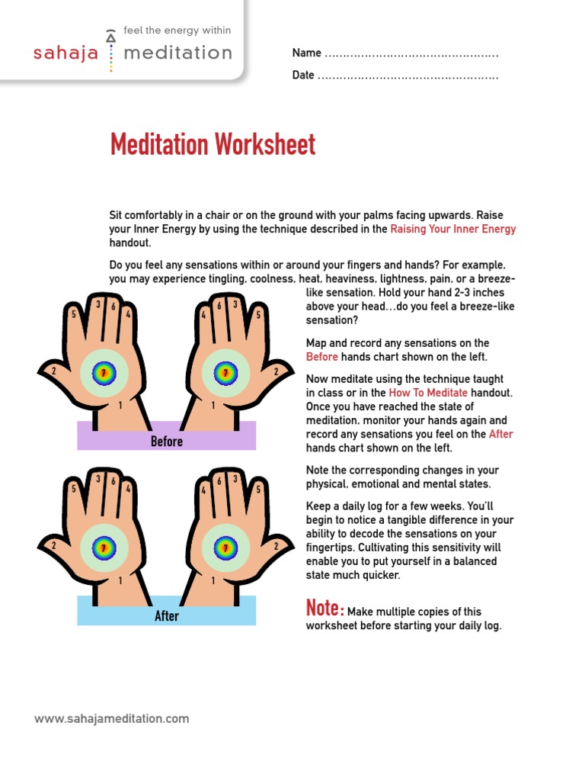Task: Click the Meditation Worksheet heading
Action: point(213,144)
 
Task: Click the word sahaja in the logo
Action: point(66,53)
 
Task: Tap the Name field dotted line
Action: point(411,54)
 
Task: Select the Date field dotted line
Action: point(408,76)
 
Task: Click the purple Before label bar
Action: point(166,441)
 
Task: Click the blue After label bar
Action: point(166,615)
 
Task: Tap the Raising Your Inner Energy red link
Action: point(452,229)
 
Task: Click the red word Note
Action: point(323,609)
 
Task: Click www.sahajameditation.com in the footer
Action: point(112,718)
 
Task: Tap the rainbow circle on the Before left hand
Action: point(104,373)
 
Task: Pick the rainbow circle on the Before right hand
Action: point(225,373)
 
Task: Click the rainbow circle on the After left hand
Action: point(104,547)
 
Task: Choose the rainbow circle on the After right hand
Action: point(225,547)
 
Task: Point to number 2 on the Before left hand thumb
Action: point(53,371)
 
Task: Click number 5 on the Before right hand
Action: point(258,314)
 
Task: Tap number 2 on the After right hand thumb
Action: point(275,546)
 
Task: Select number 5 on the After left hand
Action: point(73,489)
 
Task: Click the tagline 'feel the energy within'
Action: point(177,31)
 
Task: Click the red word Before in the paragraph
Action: point(321,357)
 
